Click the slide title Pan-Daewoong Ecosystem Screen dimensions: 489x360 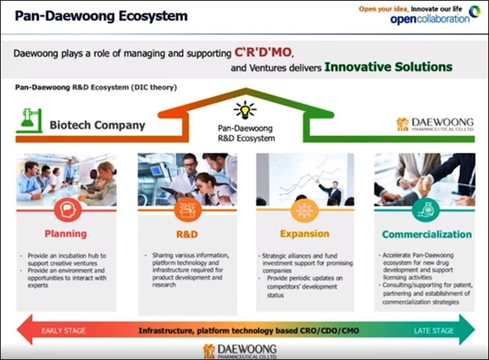coord(101,16)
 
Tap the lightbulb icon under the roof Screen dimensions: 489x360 coord(245,110)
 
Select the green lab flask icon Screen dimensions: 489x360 coord(29,121)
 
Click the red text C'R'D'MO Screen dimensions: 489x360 coord(263,52)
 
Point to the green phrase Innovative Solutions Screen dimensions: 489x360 coord(388,67)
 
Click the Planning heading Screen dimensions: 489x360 coord(65,233)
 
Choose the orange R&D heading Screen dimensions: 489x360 coord(187,234)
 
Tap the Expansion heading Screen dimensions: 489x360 coord(305,233)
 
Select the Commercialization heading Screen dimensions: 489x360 coord(427,234)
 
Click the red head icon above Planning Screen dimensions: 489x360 coord(68,210)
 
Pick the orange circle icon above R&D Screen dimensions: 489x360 coord(188,210)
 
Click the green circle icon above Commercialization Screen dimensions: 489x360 coord(426,210)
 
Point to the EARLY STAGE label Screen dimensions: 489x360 coord(63,331)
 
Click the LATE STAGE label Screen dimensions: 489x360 coord(434,331)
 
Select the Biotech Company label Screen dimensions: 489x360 coord(97,125)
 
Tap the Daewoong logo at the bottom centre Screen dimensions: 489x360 coord(240,351)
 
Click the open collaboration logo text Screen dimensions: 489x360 coord(430,19)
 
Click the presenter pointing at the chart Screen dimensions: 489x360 coord(331,192)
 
